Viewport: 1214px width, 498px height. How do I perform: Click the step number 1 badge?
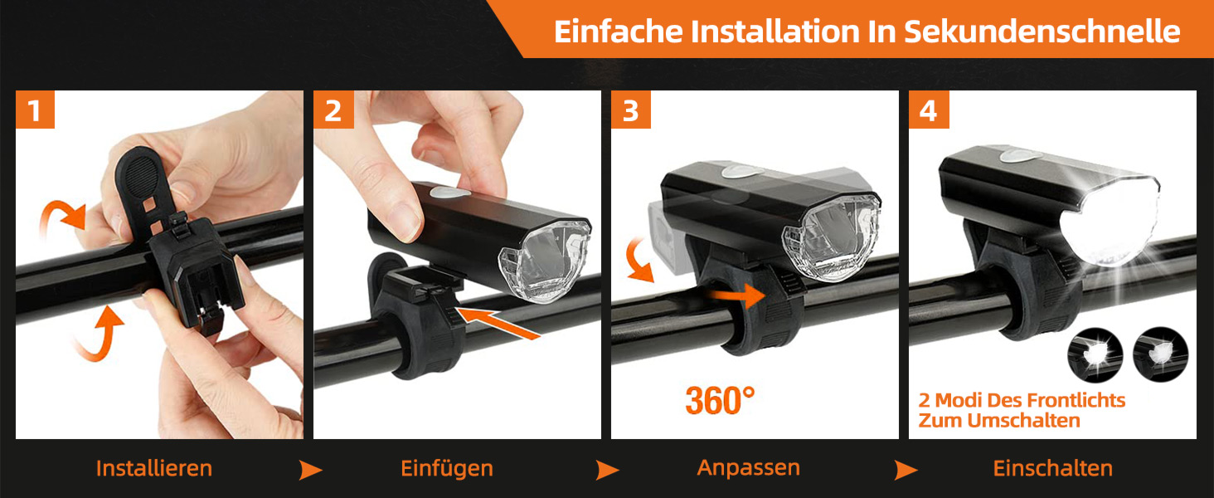(x=35, y=110)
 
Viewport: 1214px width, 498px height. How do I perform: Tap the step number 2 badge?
(x=333, y=110)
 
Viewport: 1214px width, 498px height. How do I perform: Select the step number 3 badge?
(x=631, y=110)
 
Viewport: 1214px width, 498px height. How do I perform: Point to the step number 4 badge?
(x=929, y=110)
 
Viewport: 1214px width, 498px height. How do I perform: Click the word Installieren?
(x=154, y=468)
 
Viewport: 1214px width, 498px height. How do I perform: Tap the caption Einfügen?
(x=447, y=468)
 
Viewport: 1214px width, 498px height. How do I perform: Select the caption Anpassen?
(x=749, y=468)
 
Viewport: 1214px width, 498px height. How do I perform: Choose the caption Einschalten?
(x=1053, y=468)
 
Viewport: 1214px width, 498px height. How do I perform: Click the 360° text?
(x=720, y=400)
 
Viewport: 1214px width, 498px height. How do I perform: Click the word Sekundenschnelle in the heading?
(x=1042, y=32)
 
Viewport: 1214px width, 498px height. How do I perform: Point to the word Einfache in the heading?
(x=617, y=32)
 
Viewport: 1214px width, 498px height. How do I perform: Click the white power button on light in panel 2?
(x=449, y=193)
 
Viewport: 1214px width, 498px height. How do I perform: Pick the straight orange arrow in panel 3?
(x=737, y=295)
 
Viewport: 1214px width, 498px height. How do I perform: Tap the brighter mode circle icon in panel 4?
(x=1095, y=355)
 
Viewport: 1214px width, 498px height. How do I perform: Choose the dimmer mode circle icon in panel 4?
(x=1160, y=355)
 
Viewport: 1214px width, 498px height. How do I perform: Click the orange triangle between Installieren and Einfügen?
(x=310, y=470)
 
